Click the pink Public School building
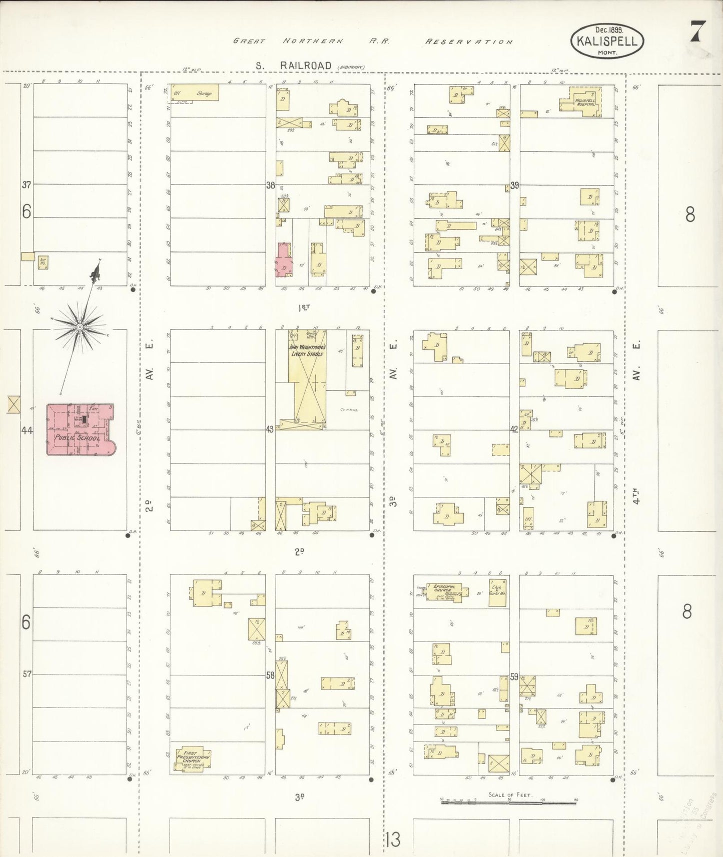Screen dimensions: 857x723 point(79,430)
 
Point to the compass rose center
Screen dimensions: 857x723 point(80,327)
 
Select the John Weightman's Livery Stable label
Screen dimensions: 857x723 point(307,350)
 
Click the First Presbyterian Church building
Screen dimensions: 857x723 point(191,759)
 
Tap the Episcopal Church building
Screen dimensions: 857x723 point(445,591)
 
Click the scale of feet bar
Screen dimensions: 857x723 point(508,801)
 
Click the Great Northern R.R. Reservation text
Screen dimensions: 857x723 point(372,41)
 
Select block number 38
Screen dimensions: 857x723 point(271,185)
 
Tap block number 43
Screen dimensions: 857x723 point(270,429)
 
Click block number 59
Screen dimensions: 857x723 point(514,677)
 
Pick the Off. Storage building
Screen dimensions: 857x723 point(194,92)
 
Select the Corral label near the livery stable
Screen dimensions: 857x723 point(349,409)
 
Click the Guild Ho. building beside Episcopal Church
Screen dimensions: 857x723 point(498,592)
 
